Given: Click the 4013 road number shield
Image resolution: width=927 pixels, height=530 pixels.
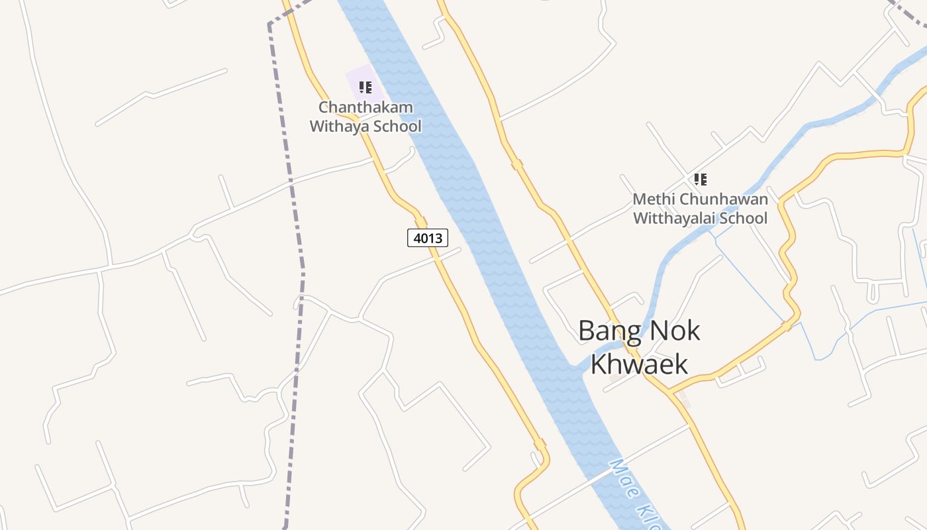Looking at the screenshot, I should [428, 237].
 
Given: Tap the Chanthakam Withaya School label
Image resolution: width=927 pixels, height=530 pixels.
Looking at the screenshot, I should [366, 117].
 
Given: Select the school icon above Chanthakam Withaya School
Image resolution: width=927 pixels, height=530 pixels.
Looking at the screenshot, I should [366, 87].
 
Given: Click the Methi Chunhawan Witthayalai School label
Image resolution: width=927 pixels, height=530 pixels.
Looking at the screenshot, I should [701, 209].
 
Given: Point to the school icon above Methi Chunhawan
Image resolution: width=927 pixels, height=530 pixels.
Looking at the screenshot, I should [701, 179].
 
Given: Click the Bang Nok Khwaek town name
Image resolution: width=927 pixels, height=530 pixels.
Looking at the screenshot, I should [639, 346].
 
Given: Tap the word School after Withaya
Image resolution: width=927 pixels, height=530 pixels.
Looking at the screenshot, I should [396, 126].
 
